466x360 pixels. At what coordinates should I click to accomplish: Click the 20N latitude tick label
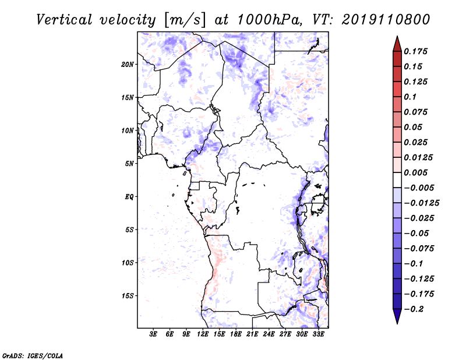[128, 65]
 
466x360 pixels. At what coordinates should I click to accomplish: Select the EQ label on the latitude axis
[129, 197]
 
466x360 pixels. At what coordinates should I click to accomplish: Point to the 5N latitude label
[129, 164]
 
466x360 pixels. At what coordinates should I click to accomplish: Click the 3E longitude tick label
[153, 334]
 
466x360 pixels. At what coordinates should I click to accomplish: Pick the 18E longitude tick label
[236, 334]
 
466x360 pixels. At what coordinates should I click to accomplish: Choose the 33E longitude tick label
[318, 334]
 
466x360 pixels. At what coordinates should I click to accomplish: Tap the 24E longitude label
[269, 334]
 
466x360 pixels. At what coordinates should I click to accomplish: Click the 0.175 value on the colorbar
[416, 51]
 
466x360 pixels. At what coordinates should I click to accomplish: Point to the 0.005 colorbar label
[416, 172]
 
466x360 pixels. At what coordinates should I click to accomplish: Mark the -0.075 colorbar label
[419, 249]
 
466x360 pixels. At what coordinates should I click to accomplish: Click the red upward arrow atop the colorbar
[397, 44]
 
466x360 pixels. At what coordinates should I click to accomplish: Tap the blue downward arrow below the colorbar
[397, 316]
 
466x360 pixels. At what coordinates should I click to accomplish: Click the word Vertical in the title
[64, 20]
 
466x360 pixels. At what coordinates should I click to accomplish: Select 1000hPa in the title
[269, 20]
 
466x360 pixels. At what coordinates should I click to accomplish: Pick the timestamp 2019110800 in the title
[386, 20]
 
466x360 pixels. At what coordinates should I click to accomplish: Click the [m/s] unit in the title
[185, 20]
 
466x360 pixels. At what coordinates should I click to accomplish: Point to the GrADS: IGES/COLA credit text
[33, 355]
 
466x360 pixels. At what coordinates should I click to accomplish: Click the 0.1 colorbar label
[411, 97]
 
